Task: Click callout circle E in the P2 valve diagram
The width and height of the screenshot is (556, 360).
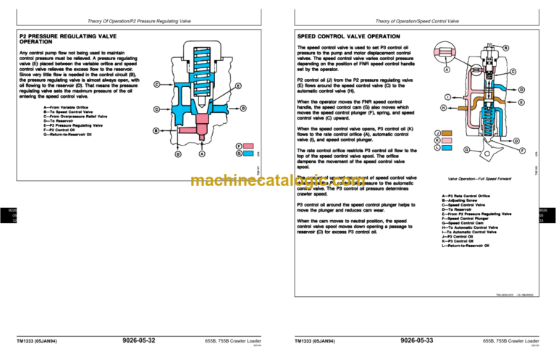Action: tap(238, 86)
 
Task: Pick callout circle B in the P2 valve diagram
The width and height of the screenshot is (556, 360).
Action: tap(155, 130)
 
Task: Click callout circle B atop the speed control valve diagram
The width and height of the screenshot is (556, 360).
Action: tap(505, 49)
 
